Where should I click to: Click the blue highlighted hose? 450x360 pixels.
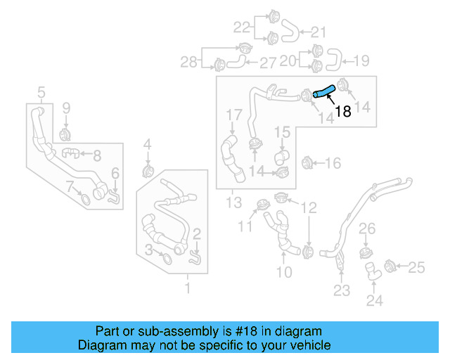pyautogui.click(x=323, y=90)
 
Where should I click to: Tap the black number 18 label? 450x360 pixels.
pyautogui.click(x=342, y=111)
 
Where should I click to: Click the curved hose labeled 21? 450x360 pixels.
pyautogui.click(x=290, y=31)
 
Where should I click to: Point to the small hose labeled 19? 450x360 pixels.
pyautogui.click(x=335, y=61)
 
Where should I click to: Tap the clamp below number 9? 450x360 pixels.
pyautogui.click(x=65, y=133)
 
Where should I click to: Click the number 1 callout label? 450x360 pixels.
pyautogui.click(x=187, y=288)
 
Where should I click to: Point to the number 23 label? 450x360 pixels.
pyautogui.click(x=341, y=290)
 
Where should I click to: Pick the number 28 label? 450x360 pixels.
pyautogui.click(x=188, y=63)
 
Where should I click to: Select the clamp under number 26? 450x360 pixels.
pyautogui.click(x=366, y=252)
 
